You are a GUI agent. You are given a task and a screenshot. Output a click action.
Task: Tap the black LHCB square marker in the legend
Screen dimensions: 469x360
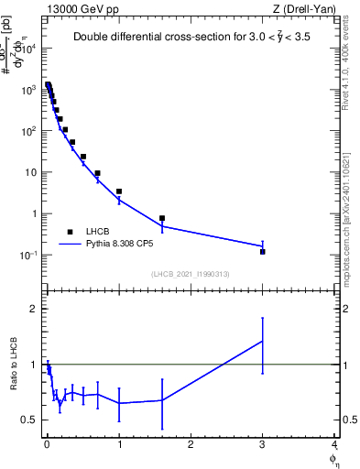pyautogui.click(x=70, y=232)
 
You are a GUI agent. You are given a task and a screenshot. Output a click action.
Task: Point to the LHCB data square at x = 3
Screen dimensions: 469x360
pyautogui.click(x=263, y=251)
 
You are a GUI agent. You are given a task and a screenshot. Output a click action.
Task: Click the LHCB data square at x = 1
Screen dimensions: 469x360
pyautogui.click(x=119, y=191)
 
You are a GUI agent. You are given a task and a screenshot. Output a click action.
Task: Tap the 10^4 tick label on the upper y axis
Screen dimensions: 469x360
pyautogui.click(x=27, y=48)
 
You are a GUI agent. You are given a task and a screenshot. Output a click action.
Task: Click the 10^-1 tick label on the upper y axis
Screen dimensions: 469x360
pyautogui.click(x=27, y=256)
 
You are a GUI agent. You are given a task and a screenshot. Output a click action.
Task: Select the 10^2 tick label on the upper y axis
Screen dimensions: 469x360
pyautogui.click(x=27, y=131)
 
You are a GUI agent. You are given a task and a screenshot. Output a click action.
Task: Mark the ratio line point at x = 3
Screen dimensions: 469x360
pyautogui.click(x=263, y=341)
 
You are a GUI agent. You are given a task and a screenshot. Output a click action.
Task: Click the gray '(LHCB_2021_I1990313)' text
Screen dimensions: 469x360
pyautogui.click(x=191, y=274)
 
